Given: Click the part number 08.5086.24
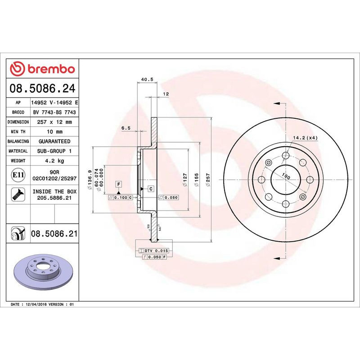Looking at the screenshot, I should tap(43, 88).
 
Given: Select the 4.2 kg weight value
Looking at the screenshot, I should tap(54, 161).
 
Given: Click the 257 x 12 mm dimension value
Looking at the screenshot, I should tap(54, 122).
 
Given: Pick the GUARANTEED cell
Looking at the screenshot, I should tap(54, 141).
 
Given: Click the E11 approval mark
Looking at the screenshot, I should tap(18, 175).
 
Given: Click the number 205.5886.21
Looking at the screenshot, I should tap(54, 198).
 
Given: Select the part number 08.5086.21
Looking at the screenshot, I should tap(54, 234).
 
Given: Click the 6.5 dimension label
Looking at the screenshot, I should tap(126, 128).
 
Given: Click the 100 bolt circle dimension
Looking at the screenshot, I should tap(285, 176).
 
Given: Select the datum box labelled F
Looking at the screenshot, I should tap(119, 184).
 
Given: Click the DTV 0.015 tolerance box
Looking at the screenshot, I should tap(155, 250).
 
